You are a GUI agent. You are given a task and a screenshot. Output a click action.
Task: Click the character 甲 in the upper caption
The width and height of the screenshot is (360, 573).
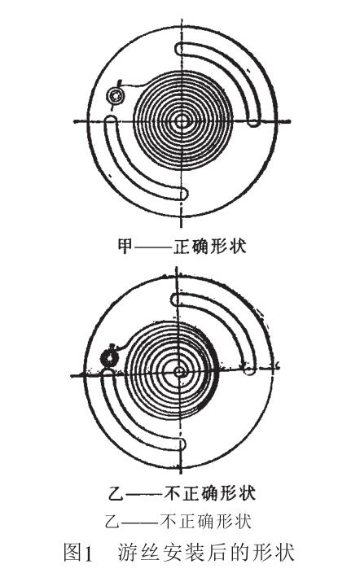[x=125, y=247]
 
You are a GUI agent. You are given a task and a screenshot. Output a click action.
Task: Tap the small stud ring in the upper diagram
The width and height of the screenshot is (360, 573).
[x=116, y=96]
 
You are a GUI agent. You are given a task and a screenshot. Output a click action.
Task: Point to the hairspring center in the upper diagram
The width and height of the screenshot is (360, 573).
[x=181, y=121]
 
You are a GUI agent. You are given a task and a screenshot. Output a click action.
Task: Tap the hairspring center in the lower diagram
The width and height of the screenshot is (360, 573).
[x=179, y=372]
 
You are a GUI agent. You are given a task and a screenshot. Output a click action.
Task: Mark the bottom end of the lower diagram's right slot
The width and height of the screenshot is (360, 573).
[x=249, y=370]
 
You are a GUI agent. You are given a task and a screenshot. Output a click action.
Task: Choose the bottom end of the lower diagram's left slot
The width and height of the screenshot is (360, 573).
[x=181, y=444]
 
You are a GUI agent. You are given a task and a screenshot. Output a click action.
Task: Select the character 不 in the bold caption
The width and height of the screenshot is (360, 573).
[x=172, y=494]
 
